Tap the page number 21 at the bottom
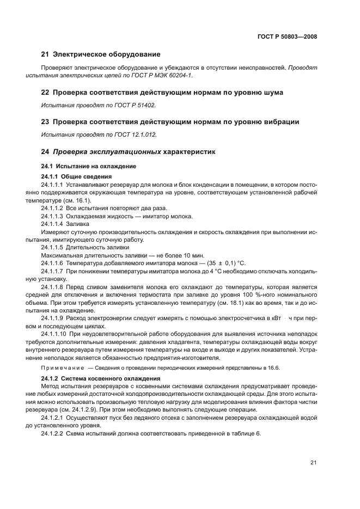[x=313, y=463]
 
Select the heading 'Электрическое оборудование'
[x=105, y=54]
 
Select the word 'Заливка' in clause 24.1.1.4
[x=78, y=224]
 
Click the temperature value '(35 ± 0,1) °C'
[x=211, y=263]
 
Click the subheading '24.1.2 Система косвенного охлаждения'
[x=100, y=378]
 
